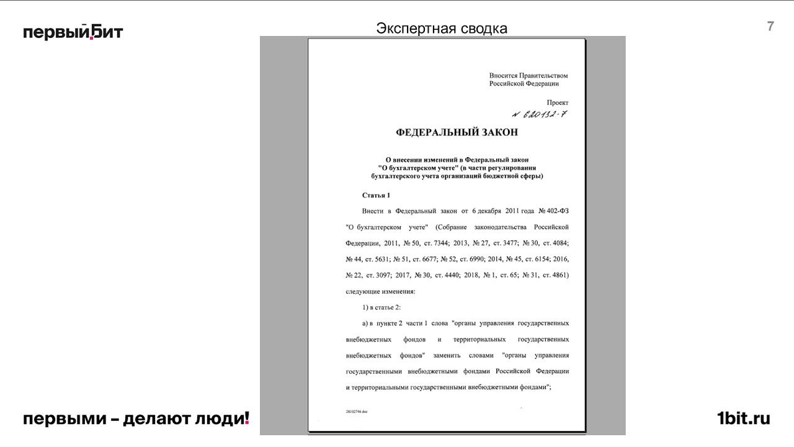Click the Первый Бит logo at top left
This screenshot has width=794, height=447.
coord(73,32)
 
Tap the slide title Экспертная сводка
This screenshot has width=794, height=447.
coord(442,29)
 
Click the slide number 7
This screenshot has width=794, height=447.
coord(770,26)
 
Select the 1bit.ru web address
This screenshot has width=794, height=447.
coord(743,418)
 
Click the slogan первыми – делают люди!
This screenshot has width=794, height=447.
coord(136,418)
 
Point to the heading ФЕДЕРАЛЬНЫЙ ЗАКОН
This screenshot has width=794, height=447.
coord(457,132)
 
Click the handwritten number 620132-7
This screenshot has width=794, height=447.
coord(540,114)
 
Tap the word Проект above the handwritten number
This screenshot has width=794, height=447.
coord(557,102)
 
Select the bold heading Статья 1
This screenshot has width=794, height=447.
coord(376,196)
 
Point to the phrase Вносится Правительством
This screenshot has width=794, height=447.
coord(528,76)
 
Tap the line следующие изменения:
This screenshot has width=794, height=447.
coord(380,291)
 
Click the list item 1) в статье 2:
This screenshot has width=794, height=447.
coord(381,307)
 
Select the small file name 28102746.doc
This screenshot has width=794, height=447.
coord(357,412)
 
